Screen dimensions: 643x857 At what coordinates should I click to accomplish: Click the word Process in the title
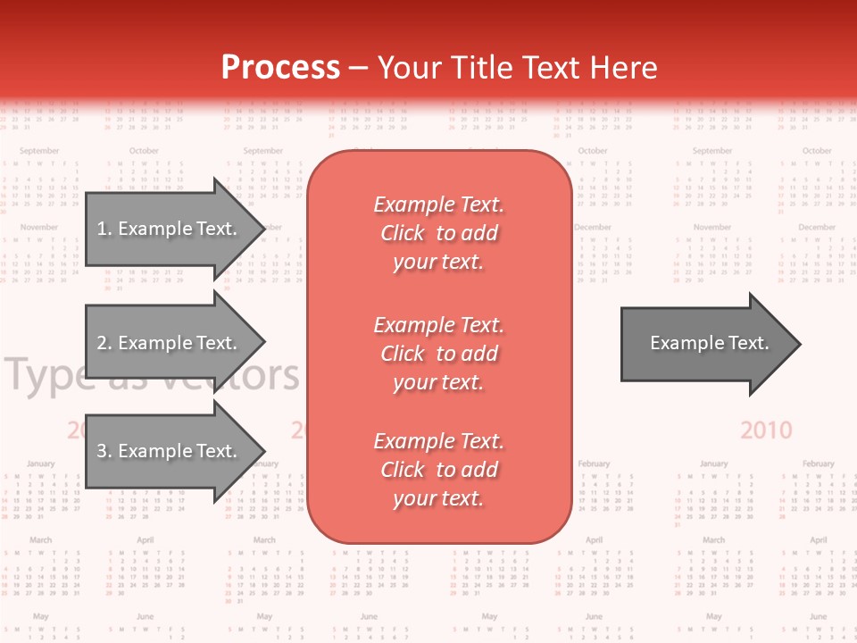tap(280, 68)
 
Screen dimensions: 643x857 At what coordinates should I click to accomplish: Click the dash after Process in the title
tap(359, 69)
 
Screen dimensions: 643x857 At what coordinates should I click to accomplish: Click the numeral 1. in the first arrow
tap(104, 229)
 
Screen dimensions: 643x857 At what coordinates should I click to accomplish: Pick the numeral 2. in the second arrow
tap(104, 343)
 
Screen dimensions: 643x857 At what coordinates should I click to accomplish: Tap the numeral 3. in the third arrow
tap(104, 451)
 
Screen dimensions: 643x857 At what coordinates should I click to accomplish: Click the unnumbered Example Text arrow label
tap(709, 343)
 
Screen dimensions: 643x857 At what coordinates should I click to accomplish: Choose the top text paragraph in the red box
tap(439, 233)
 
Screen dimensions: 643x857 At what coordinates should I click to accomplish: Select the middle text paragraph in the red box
tap(439, 354)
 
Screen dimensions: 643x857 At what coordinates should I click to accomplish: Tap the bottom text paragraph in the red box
tap(439, 470)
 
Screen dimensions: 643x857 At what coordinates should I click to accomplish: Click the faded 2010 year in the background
tap(766, 430)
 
